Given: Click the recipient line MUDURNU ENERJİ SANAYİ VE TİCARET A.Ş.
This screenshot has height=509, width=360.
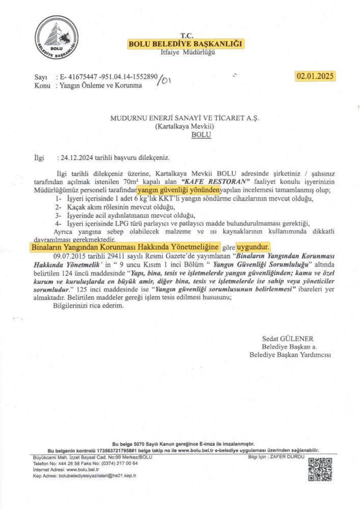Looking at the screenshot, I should click(185, 118).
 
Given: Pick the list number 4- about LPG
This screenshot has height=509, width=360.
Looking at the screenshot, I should click(59, 223).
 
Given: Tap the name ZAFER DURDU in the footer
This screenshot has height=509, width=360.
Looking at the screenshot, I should click(289, 457).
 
